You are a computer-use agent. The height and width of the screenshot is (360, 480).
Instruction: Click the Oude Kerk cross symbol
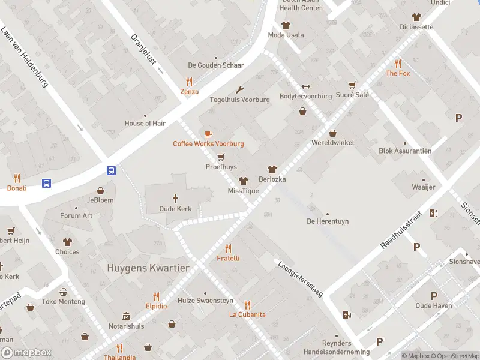(176, 198)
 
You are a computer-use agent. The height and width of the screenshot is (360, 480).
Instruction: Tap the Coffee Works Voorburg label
(208, 143)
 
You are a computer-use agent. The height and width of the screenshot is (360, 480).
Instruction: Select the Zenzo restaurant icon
(190, 82)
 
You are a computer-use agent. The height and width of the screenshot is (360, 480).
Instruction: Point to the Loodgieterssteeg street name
(300, 278)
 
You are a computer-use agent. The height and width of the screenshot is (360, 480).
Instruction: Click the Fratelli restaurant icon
(228, 248)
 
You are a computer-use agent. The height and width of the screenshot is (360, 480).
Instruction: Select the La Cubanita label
(247, 314)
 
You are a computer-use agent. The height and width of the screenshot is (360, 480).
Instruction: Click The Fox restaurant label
(397, 73)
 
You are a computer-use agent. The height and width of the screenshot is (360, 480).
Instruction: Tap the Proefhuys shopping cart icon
(221, 157)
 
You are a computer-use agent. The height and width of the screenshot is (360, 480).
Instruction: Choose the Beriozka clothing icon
(272, 169)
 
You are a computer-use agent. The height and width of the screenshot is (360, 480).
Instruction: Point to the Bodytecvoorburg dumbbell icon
(305, 86)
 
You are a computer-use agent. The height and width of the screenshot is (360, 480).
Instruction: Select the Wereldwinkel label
(332, 143)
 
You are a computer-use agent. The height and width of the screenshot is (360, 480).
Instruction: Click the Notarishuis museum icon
(126, 316)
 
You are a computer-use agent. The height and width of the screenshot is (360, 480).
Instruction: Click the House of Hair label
(145, 123)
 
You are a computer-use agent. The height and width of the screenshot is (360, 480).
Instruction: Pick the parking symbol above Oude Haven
(434, 295)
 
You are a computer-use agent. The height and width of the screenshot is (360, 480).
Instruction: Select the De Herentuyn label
(328, 221)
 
